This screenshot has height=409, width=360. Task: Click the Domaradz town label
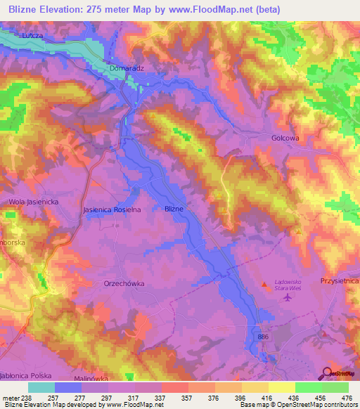[127, 68]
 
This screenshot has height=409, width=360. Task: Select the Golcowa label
[285, 138]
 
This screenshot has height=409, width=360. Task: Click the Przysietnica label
[340, 280]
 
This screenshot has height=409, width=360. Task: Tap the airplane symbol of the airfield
[286, 298]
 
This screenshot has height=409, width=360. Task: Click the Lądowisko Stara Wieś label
[286, 283]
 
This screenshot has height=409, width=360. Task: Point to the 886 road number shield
[262, 338]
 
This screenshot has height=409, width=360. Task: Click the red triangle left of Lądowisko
[265, 285]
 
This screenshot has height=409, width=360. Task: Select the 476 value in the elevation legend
[346, 397]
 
